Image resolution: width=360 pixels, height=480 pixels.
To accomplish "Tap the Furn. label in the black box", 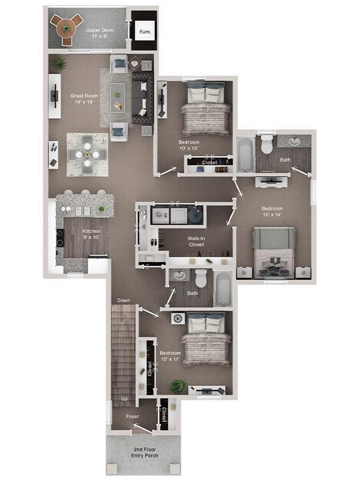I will [145, 31].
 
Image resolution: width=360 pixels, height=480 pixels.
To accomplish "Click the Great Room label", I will [84, 98].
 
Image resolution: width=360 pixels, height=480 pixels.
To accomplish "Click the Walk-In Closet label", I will [196, 241].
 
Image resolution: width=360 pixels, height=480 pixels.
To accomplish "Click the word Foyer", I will [133, 416].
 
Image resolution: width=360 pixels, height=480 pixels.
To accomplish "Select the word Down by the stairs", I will [124, 301].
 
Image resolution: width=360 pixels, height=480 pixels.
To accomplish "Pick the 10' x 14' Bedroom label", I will [273, 212].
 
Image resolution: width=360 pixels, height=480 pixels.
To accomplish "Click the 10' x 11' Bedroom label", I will [170, 356].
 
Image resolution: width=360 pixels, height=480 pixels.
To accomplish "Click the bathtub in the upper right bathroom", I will [245, 154].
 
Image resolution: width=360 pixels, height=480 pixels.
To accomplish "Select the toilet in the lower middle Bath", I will [201, 278].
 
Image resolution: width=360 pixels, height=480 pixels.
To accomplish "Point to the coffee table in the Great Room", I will [118, 97].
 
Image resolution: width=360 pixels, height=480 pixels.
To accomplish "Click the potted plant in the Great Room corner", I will [59, 64].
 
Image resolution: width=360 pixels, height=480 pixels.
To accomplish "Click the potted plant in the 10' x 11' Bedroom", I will [178, 386].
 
